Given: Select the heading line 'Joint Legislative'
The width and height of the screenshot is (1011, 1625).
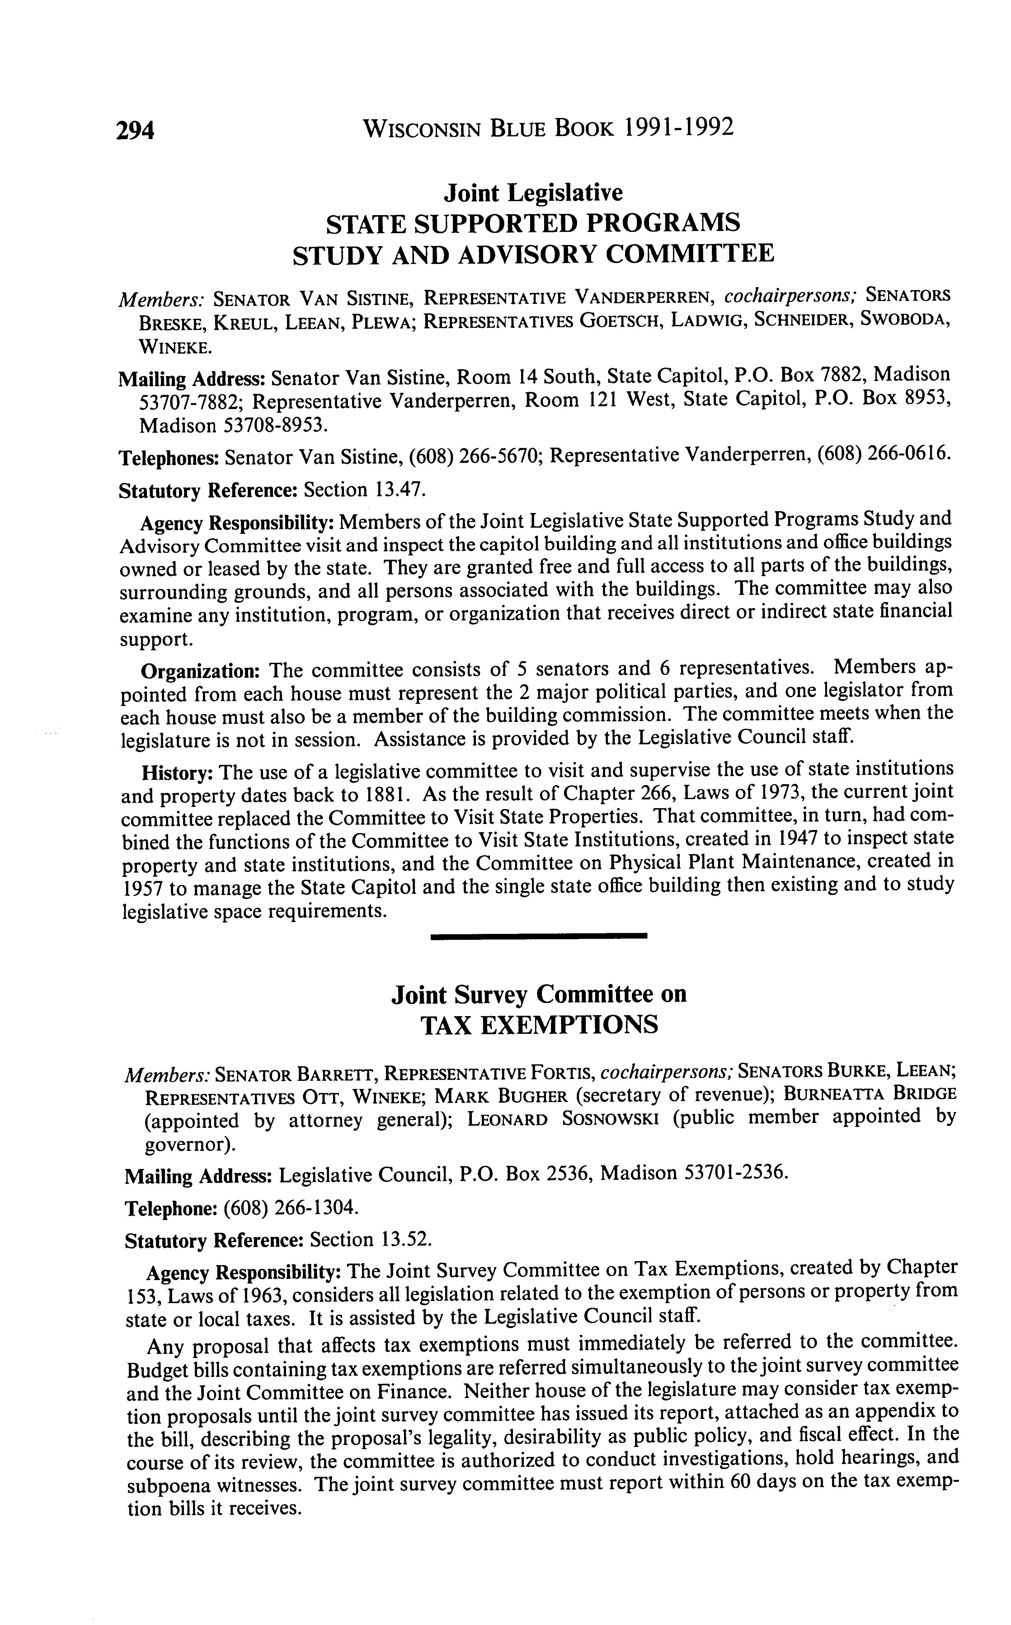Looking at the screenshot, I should pyautogui.click(x=533, y=193).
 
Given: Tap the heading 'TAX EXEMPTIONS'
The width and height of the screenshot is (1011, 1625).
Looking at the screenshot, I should pyautogui.click(x=539, y=1025).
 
